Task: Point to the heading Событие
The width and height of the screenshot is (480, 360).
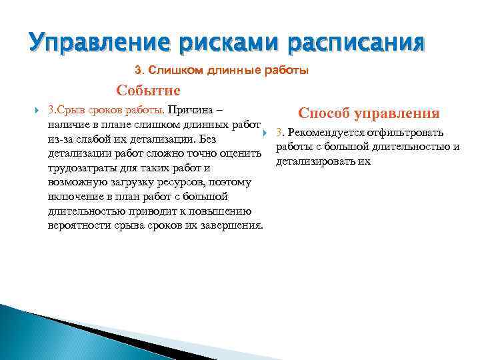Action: [148, 90]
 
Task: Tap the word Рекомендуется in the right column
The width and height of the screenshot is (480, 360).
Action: [321, 133]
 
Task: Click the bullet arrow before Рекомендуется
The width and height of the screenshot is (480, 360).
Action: [265, 133]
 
